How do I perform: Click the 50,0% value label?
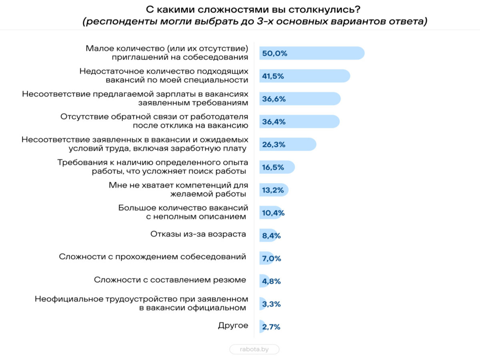(x=274, y=53)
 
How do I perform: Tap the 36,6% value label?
(x=274, y=99)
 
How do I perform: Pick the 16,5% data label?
(x=273, y=167)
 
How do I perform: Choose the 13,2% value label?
(x=273, y=190)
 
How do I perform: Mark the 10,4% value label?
(x=273, y=213)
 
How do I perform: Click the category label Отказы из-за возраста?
(x=198, y=234)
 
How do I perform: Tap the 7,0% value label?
(x=272, y=258)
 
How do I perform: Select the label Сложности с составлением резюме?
(x=170, y=280)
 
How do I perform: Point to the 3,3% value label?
(x=271, y=304)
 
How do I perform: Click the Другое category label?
(x=233, y=326)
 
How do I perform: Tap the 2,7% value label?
(x=271, y=327)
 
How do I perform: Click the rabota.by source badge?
(x=254, y=349)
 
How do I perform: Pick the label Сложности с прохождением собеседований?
(x=152, y=257)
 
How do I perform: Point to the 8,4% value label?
(x=272, y=236)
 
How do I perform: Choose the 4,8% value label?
(x=272, y=281)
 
